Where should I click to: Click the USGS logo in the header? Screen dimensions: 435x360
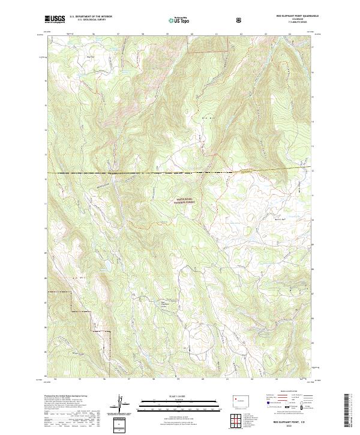pyautogui.click(x=55, y=19)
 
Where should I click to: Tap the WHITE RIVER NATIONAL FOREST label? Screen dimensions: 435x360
pyautogui.click(x=188, y=201)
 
